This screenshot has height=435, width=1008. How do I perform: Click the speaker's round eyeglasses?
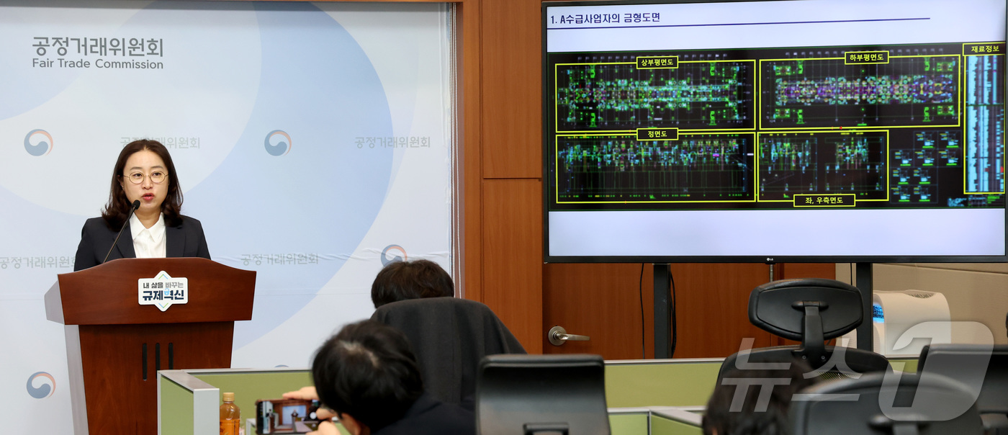coord(145,176)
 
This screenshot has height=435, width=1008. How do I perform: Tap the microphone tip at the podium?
coord(135,205)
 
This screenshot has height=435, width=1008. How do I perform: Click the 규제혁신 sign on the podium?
coord(163,290)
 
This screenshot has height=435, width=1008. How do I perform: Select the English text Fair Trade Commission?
coord(98,64)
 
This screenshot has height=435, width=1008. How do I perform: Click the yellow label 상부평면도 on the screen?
coord(657,63)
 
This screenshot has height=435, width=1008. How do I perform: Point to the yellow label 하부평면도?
coord(866,57)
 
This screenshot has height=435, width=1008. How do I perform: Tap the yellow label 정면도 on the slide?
coord(657,134)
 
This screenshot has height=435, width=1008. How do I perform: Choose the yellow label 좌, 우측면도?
coord(824,200)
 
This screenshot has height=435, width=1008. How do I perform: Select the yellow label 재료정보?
coord(984,49)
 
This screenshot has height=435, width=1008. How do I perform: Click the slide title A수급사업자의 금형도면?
coord(605,18)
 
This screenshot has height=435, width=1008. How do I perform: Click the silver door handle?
coord(567,336)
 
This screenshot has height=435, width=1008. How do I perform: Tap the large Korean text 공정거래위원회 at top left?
coord(98,47)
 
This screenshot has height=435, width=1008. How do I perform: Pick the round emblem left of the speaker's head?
coord(38,143)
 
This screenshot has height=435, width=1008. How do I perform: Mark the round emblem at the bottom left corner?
coord(40,385)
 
